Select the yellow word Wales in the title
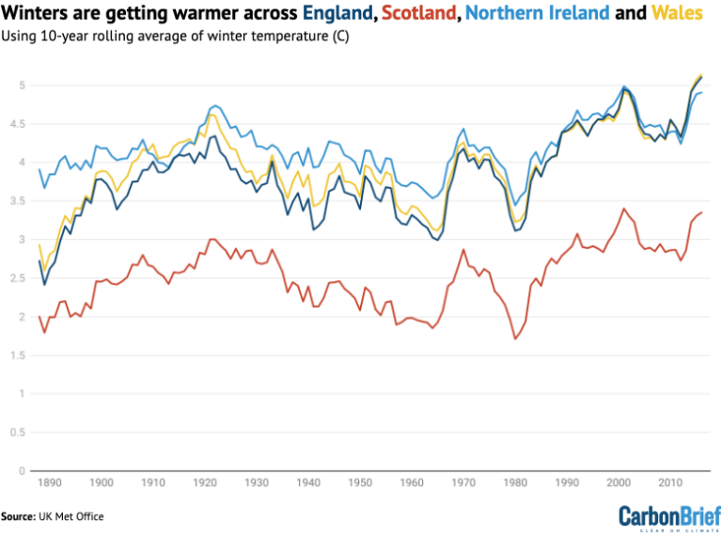pos(677,14)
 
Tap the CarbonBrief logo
pos(667,516)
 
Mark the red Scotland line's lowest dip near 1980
pos(516,339)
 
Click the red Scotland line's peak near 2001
pos(623,209)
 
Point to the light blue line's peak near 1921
pos(215,105)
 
